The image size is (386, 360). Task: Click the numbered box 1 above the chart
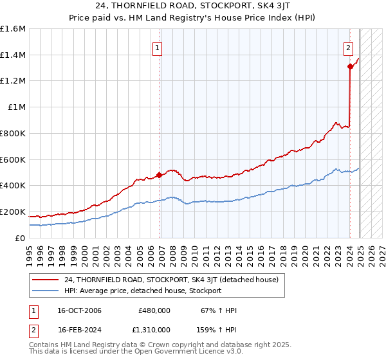(158, 47)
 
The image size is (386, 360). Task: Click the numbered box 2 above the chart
(348, 47)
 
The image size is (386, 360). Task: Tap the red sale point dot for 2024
(350, 66)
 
